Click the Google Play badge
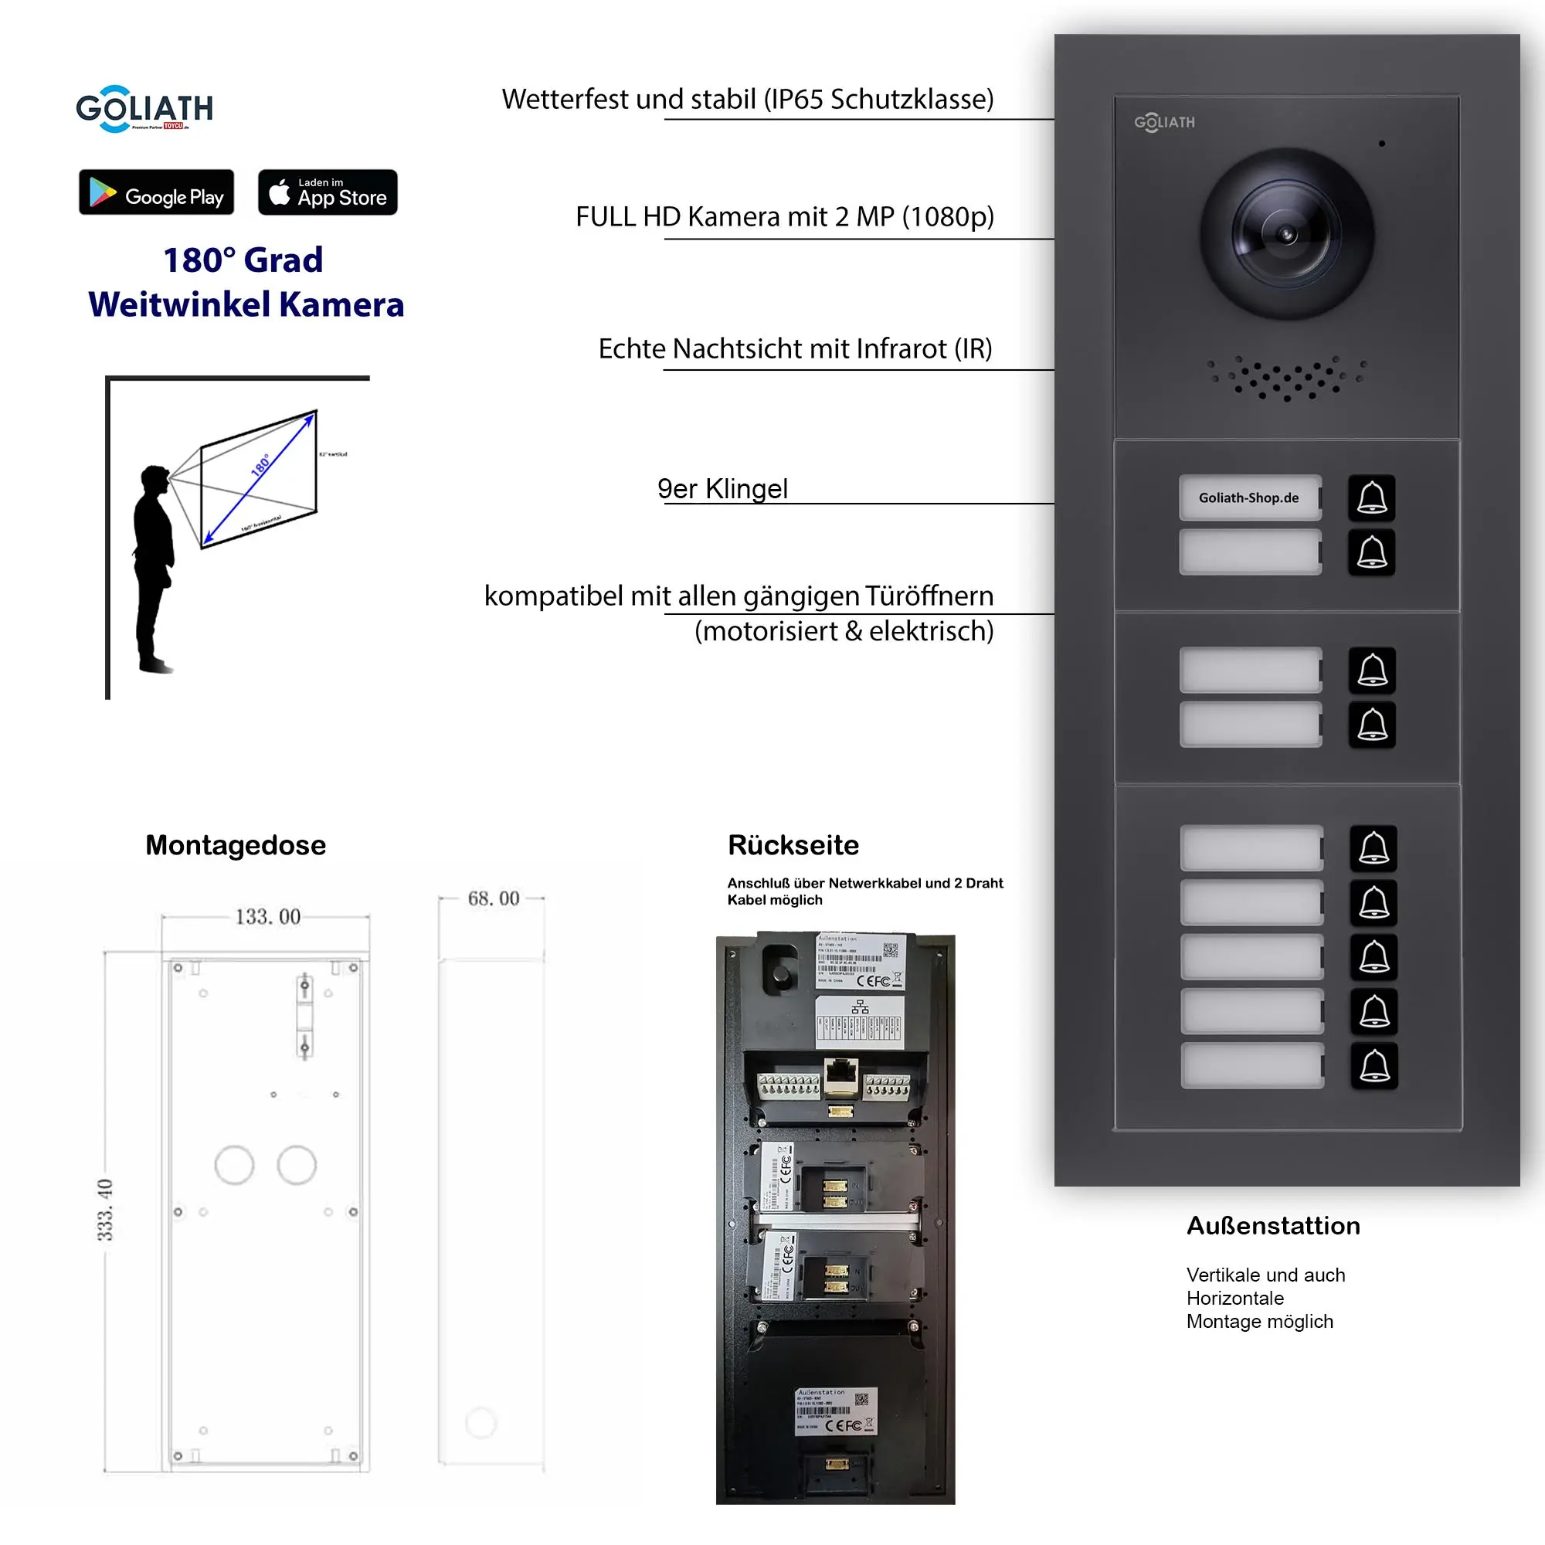(x=156, y=192)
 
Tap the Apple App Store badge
(x=327, y=192)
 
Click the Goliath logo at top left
(x=144, y=109)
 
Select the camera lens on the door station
(x=1286, y=234)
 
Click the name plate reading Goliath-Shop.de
(x=1249, y=497)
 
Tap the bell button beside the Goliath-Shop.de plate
(x=1371, y=497)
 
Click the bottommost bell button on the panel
(x=1374, y=1066)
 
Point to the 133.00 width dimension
(x=267, y=916)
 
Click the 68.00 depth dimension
(x=494, y=898)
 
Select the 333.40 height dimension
(x=105, y=1209)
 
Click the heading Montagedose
(x=235, y=845)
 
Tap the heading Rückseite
(x=793, y=845)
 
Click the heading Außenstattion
(x=1272, y=1226)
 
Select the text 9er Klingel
(x=722, y=489)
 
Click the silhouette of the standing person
(x=154, y=568)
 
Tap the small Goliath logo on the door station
(x=1164, y=122)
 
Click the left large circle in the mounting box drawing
(x=234, y=1165)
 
